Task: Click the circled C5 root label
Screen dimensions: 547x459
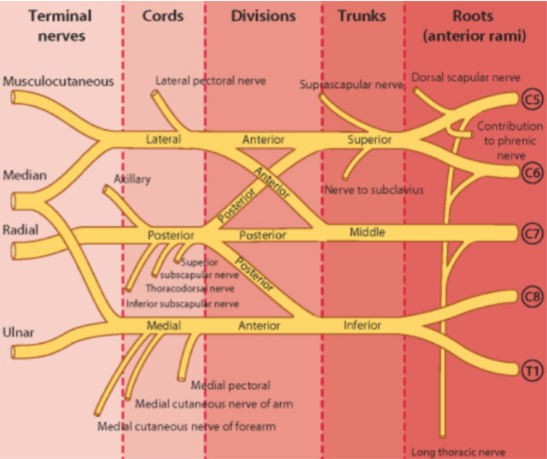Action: [532, 100]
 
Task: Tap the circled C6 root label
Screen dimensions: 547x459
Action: [532, 173]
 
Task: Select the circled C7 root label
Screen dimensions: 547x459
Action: [532, 234]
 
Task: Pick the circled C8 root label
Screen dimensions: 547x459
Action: [532, 297]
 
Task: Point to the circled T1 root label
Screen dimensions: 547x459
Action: [532, 370]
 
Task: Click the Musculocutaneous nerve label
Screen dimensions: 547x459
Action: [58, 81]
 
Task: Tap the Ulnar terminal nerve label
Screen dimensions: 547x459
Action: [18, 332]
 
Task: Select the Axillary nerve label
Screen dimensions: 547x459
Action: [132, 179]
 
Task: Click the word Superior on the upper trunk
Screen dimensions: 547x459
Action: [369, 140]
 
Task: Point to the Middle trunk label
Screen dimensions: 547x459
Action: [367, 232]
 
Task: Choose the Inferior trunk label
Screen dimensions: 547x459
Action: [362, 325]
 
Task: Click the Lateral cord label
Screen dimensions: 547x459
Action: [163, 139]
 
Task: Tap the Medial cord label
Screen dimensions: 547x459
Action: [164, 325]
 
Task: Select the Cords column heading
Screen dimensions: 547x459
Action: [162, 16]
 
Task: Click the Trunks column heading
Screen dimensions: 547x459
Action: [362, 16]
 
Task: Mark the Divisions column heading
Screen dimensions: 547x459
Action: [264, 16]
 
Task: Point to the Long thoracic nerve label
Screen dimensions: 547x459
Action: [458, 452]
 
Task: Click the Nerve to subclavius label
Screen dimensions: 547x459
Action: [374, 190]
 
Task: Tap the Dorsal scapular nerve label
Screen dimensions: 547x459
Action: [465, 77]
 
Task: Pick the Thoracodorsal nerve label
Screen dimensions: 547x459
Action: [189, 289]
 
